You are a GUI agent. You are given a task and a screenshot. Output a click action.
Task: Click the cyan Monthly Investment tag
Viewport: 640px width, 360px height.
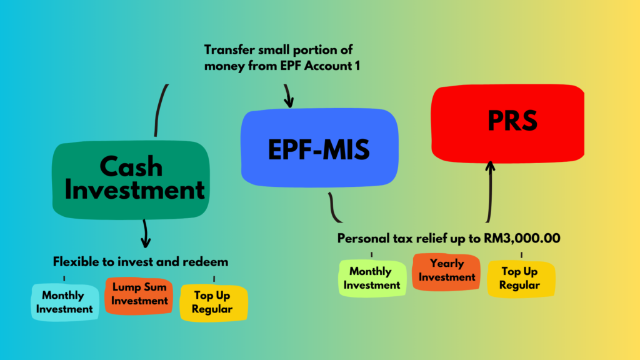[64, 302]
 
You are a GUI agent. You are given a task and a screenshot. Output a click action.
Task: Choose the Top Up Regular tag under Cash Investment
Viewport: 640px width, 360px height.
[214, 302]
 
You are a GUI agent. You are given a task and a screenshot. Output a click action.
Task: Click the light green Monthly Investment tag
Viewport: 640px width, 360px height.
[371, 278]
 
